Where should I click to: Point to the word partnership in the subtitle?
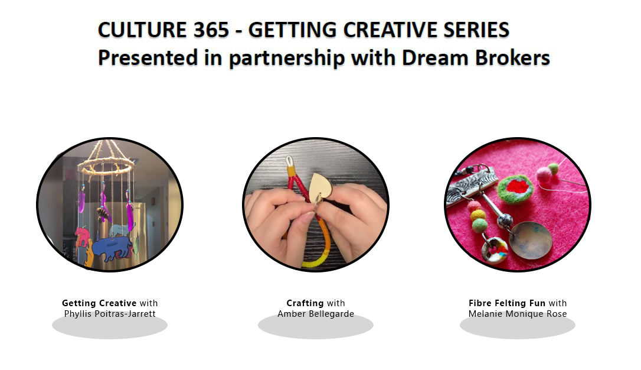coord(287,59)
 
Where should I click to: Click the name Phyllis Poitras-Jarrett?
coord(110,314)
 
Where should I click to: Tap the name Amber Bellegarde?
coord(316,314)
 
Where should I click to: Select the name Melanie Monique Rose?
coord(518,314)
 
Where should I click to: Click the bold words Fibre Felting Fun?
coord(507,303)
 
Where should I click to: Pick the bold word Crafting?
coord(305,303)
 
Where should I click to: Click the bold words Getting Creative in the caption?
coord(99,303)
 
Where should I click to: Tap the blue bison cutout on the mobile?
coord(112,248)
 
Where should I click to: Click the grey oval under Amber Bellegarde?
coord(316,326)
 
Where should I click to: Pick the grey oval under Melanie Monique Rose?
coord(518,326)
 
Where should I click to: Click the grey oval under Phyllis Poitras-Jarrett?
coord(110,326)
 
